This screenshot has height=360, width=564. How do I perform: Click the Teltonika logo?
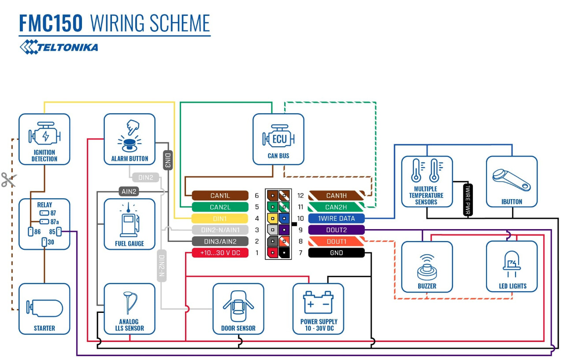59,47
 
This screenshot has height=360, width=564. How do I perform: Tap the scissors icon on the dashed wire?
9,179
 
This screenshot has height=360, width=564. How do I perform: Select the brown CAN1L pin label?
220,196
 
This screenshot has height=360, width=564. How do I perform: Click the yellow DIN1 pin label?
220,219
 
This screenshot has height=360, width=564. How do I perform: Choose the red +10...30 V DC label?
220,253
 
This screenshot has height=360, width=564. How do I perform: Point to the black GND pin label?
336,253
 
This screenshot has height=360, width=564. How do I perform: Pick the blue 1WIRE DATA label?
336,219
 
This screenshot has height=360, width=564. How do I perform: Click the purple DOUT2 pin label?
336,230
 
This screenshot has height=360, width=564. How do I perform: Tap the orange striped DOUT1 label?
336,241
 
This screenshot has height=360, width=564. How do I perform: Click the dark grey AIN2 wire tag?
129,192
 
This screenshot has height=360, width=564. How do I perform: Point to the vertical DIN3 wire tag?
168,160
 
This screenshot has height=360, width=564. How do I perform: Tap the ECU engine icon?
278,137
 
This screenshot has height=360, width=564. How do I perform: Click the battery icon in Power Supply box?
318,302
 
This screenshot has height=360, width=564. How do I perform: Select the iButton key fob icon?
512,180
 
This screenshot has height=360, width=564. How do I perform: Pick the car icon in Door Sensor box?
238,306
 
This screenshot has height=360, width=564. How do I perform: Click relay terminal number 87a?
55,222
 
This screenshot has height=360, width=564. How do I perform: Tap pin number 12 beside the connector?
301,196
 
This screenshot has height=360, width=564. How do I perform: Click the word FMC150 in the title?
51,23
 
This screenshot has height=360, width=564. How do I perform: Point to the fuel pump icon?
130,220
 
